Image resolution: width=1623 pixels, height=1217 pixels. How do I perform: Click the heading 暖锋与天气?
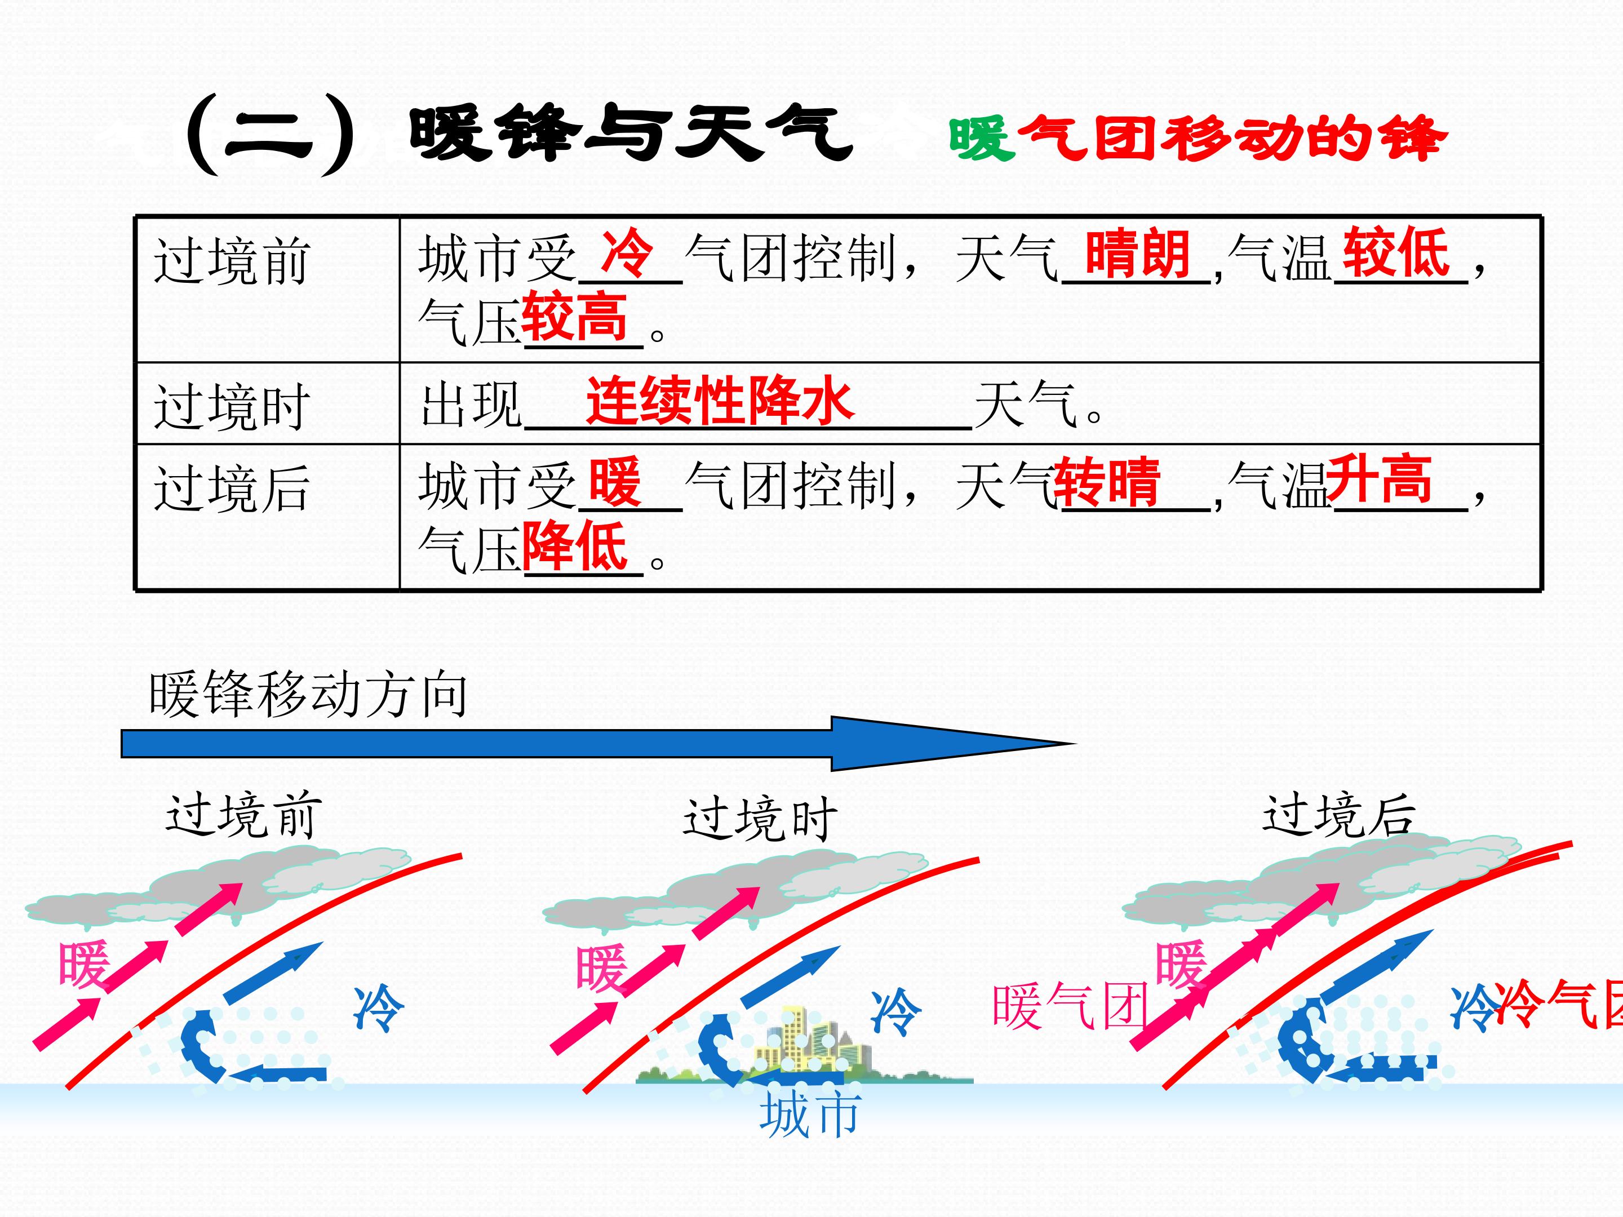tap(631, 134)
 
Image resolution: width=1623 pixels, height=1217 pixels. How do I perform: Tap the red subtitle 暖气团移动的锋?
tap(1198, 139)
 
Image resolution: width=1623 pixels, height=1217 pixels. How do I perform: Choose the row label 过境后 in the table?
tap(232, 487)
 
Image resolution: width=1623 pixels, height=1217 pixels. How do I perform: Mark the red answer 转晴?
tap(1107, 482)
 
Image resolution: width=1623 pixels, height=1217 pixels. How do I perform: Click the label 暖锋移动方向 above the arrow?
tap(308, 694)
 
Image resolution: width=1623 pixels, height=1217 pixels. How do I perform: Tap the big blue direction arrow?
tap(598, 744)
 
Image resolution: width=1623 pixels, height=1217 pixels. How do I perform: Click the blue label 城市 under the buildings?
tap(809, 1114)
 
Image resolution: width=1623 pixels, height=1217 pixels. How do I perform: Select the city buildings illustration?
tap(805, 1045)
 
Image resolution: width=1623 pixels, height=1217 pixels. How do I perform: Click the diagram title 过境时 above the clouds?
tap(760, 819)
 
